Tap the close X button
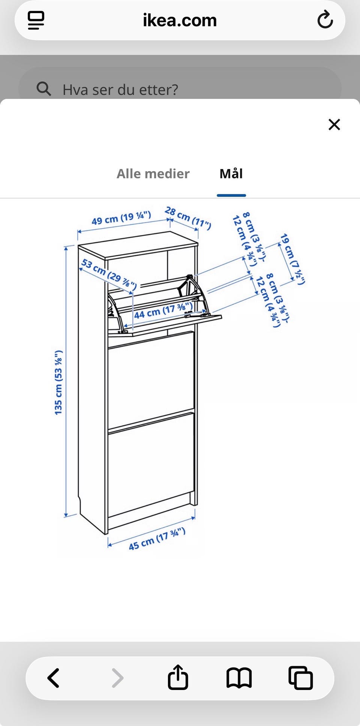[x=334, y=124]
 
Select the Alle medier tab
[x=153, y=174]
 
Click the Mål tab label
[x=231, y=174]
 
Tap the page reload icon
[x=325, y=20]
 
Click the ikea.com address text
[x=180, y=20]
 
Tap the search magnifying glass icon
[x=44, y=89]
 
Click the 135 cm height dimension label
[x=58, y=382]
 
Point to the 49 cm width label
[x=121, y=217]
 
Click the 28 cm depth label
[x=188, y=218]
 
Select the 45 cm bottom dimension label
[x=157, y=539]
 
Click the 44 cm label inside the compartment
[x=163, y=311]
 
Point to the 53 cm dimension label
[x=109, y=274]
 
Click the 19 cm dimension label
[x=292, y=259]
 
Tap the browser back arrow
[x=53, y=678]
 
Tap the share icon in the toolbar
[x=178, y=677]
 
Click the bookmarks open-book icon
[x=239, y=678]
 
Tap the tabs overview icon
[x=300, y=678]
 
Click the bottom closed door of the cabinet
[x=151, y=465]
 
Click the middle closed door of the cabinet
[x=151, y=380]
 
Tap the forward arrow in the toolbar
[x=117, y=678]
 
